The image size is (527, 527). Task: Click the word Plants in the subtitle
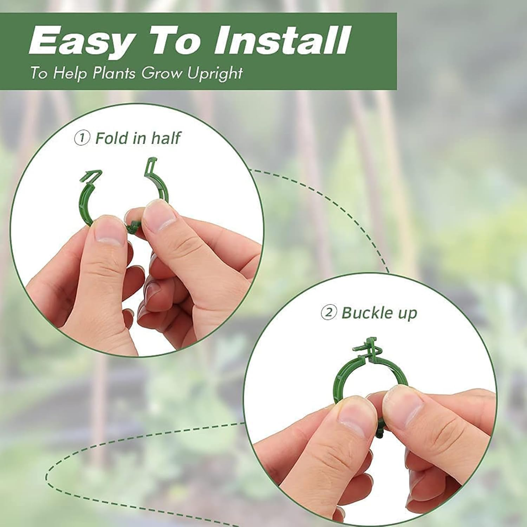(x=114, y=73)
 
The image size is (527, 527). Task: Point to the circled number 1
(x=82, y=138)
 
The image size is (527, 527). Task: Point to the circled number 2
(x=329, y=312)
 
